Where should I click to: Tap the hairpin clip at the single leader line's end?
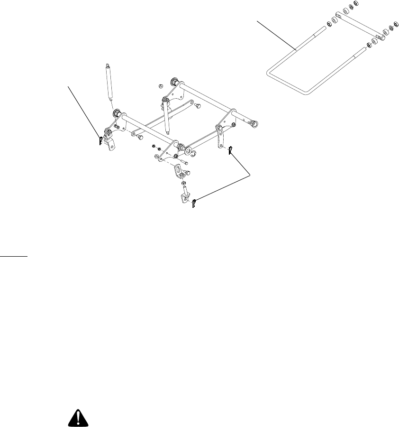pyautogui.click(x=101, y=141)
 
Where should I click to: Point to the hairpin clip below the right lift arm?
pyautogui.click(x=229, y=151)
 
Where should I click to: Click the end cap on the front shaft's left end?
pyautogui.click(x=116, y=115)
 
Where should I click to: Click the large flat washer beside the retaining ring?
pyautogui.click(x=187, y=151)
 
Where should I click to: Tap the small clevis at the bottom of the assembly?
pyautogui.click(x=183, y=197)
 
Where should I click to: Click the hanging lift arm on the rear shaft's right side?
pyautogui.click(x=220, y=137)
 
